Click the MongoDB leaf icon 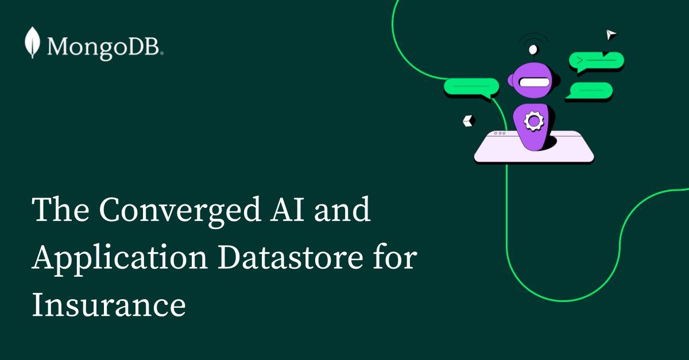pos(32,42)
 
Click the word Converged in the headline pos(180,211)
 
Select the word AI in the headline pos(287,210)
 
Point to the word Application pos(120,259)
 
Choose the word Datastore pos(291,257)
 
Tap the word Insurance pos(109,304)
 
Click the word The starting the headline pos(61,209)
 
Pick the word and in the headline pos(342,209)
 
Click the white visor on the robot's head pos(535,83)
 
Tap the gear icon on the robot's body pos(533,121)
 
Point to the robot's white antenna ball pos(533,49)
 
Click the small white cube pos(469,121)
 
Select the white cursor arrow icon pos(611,34)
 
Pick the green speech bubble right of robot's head pos(590,91)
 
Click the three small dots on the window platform pos(500,133)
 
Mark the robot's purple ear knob pos(510,80)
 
